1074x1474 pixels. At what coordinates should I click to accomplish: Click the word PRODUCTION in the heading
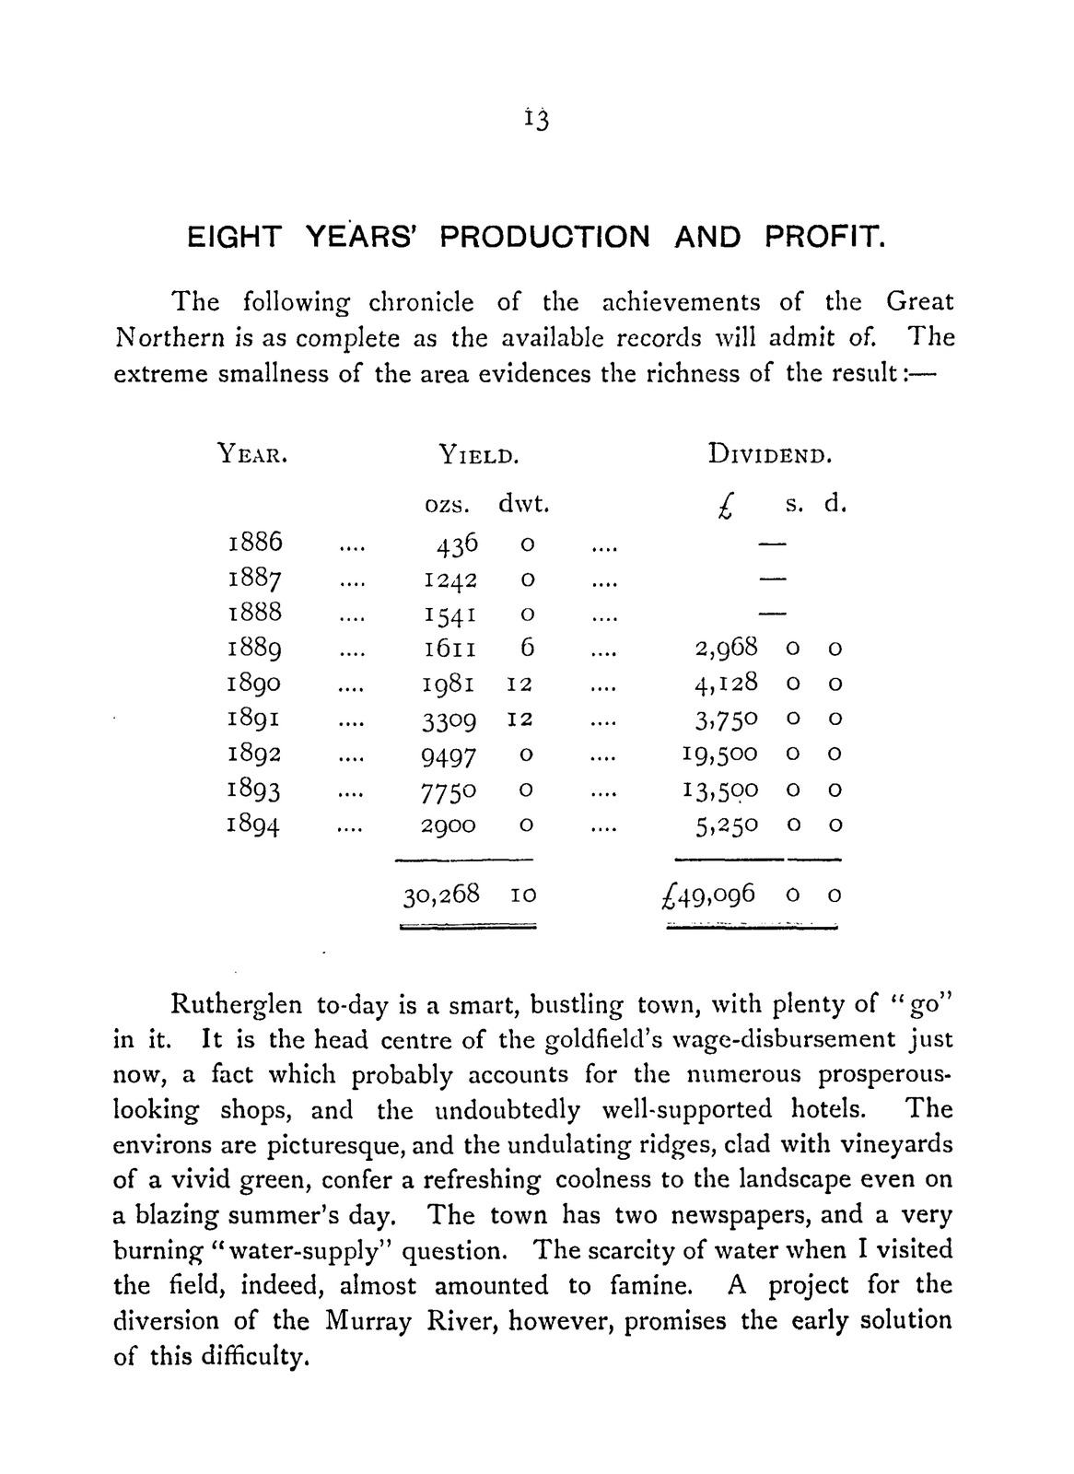click(x=544, y=238)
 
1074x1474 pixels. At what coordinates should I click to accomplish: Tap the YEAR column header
click(x=251, y=453)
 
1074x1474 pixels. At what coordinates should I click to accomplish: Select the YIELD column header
click(x=474, y=453)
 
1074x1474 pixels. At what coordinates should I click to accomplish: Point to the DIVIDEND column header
click(x=770, y=453)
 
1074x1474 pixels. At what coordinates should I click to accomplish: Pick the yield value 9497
click(x=449, y=755)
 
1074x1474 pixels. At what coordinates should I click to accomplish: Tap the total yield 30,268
click(x=441, y=894)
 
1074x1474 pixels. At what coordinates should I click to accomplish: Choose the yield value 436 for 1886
click(x=458, y=544)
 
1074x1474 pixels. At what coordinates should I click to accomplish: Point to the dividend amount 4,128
click(x=726, y=684)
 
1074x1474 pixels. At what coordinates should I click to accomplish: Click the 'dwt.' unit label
click(x=523, y=505)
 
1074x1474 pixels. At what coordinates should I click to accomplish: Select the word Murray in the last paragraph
click(x=369, y=1321)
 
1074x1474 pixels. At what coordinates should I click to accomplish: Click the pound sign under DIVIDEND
click(x=727, y=507)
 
